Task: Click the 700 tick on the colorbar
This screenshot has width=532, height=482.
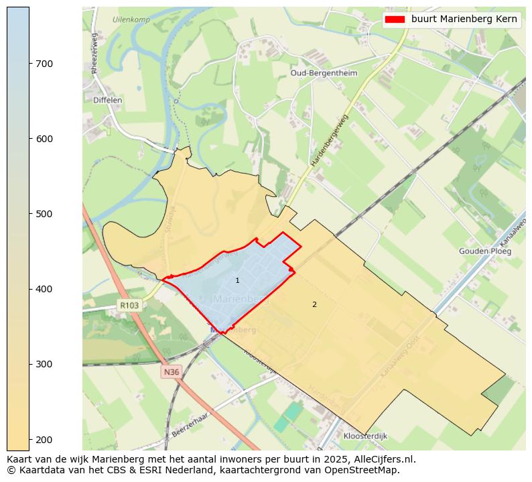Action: (29, 64)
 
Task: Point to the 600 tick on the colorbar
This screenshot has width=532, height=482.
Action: (29, 139)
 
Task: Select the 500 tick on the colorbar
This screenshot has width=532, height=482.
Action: (29, 214)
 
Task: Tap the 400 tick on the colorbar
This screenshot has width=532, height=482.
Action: (29, 289)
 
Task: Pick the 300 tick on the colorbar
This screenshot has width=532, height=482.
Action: (29, 364)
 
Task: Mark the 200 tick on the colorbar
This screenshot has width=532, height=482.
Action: (29, 439)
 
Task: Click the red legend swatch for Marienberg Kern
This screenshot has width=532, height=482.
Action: (395, 19)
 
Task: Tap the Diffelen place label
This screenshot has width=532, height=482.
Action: (107, 100)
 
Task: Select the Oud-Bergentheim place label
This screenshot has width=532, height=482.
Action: (324, 72)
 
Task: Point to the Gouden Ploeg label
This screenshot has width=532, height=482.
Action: (485, 251)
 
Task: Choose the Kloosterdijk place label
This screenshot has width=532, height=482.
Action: (365, 436)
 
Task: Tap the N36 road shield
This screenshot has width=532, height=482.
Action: (172, 371)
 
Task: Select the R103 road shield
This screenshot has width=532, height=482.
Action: (129, 305)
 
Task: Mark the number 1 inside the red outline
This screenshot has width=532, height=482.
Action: (237, 280)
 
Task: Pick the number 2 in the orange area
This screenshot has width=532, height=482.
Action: (314, 304)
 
